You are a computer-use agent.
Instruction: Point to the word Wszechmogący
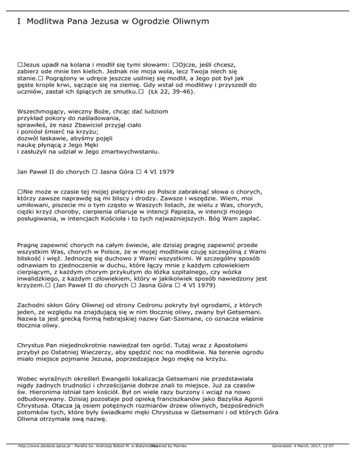pos(41,112)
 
